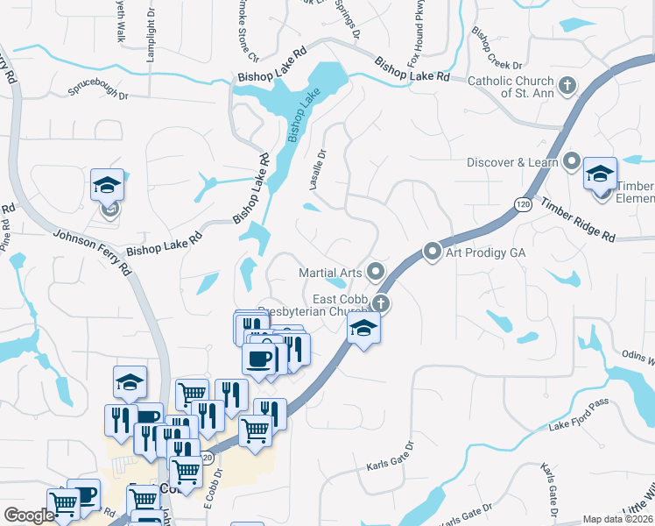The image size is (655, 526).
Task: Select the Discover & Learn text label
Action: pos(512,162)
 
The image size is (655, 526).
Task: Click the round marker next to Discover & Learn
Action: pos(573,161)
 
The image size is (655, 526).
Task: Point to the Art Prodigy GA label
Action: pos(485,252)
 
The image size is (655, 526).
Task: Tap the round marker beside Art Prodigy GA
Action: pos(433,252)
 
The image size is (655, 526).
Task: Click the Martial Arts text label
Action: pos(330,273)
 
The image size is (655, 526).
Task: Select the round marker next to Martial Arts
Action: pos(377,272)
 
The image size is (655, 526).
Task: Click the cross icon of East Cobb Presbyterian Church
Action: pos(380,304)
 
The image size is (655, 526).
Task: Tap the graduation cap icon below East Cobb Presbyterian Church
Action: pos(364,330)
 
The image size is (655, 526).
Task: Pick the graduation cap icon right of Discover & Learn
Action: pos(600,173)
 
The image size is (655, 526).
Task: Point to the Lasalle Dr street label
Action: pos(316,165)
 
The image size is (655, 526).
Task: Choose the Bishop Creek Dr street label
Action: pos(496,50)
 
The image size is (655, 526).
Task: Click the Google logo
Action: pos(29,515)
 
